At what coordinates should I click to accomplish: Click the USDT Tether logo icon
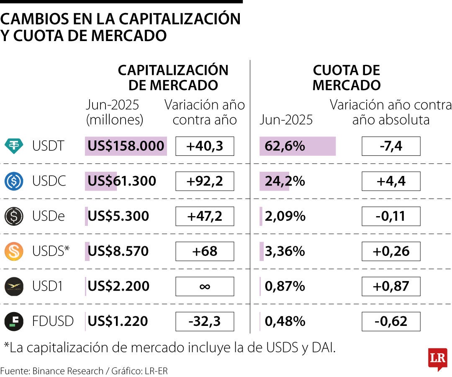14,146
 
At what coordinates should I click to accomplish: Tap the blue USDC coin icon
14,181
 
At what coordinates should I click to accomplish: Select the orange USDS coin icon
14,251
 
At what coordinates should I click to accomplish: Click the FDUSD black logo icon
14,321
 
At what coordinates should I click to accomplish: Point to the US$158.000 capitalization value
126,146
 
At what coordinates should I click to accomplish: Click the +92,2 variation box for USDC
204,181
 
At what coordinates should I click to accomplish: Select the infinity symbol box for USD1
204,287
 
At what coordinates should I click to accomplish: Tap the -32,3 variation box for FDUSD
204,321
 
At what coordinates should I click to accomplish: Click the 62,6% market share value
285,146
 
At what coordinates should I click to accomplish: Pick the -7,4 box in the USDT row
390,146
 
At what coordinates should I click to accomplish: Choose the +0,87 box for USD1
390,287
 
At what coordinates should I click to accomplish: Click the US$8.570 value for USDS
118,251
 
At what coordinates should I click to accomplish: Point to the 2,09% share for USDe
285,216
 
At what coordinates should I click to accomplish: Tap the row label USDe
49,216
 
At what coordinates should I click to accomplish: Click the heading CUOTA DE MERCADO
346,78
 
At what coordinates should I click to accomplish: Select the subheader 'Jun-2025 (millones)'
114,112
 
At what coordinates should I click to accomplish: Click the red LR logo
437,359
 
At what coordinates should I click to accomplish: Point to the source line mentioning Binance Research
84,371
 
